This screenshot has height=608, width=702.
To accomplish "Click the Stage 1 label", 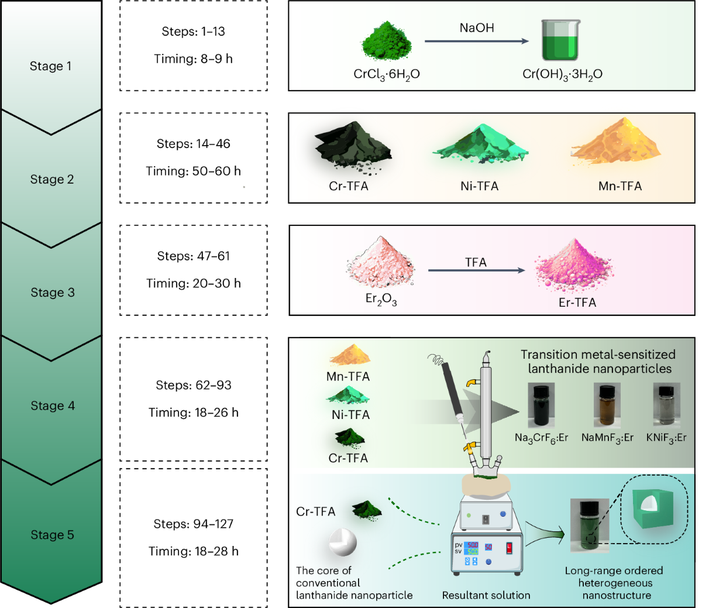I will click(x=50, y=66).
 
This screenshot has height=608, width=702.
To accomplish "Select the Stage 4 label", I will click(x=53, y=406).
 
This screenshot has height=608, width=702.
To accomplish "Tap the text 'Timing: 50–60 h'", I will click(x=193, y=171).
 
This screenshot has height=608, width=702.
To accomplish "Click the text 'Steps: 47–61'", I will click(x=194, y=256).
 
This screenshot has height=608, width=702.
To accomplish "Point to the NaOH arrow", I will click(x=476, y=41).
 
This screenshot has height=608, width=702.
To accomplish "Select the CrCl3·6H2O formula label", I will click(x=387, y=75).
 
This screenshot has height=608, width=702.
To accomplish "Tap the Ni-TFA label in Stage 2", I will click(x=479, y=187).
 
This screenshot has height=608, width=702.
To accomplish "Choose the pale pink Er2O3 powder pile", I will click(x=381, y=263).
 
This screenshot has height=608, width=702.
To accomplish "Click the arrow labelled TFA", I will click(x=476, y=270).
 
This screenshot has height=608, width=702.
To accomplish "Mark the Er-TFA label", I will click(x=577, y=303).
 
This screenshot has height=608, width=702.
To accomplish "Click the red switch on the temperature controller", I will click(x=509, y=548).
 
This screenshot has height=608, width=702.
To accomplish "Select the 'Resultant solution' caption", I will click(x=486, y=596).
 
